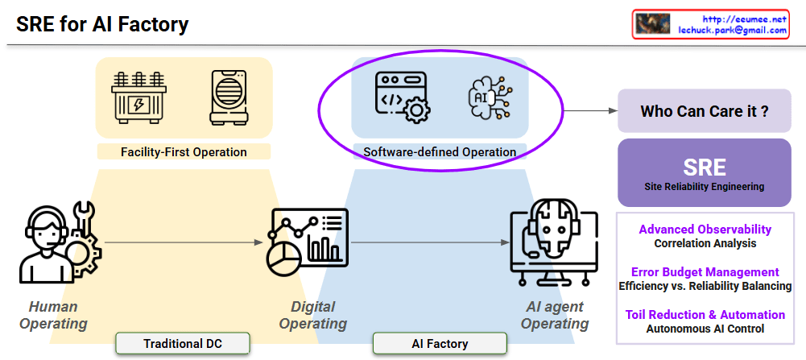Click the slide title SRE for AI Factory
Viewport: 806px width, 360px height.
(x=102, y=24)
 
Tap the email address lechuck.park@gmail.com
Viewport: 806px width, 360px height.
(x=733, y=30)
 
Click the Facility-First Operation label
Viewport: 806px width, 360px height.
(x=184, y=151)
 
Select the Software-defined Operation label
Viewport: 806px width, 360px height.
(x=440, y=151)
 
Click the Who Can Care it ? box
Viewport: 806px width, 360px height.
(x=704, y=111)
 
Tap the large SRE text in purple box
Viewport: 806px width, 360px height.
(x=705, y=167)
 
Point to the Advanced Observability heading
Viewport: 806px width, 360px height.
(x=705, y=230)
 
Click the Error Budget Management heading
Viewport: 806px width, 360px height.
(x=705, y=272)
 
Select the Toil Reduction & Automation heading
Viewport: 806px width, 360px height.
(x=705, y=315)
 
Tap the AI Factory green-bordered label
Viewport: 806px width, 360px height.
(x=440, y=344)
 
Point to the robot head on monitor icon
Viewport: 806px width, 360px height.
(x=555, y=242)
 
